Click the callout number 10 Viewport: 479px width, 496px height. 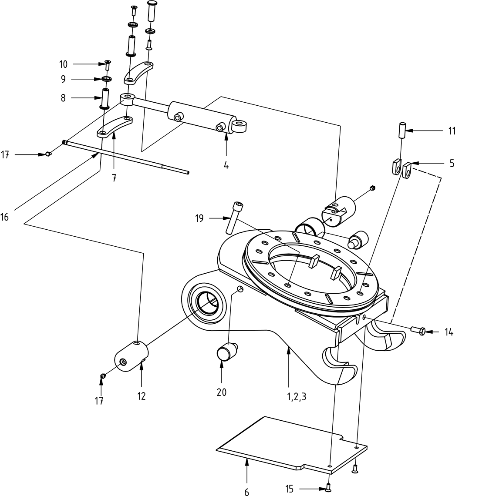click(64, 64)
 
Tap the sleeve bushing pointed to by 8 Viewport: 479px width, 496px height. click(105, 98)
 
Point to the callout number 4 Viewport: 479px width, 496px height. click(226, 165)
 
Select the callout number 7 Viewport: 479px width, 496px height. click(114, 178)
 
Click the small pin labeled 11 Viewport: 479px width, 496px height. click(402, 130)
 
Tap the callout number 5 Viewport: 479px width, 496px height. click(452, 163)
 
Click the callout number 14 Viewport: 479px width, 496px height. click(449, 332)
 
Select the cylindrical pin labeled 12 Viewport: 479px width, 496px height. click(131, 356)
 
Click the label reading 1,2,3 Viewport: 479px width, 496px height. click(297, 396)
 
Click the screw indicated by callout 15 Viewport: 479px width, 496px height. click(327, 488)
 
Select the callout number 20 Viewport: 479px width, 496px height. click(221, 392)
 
